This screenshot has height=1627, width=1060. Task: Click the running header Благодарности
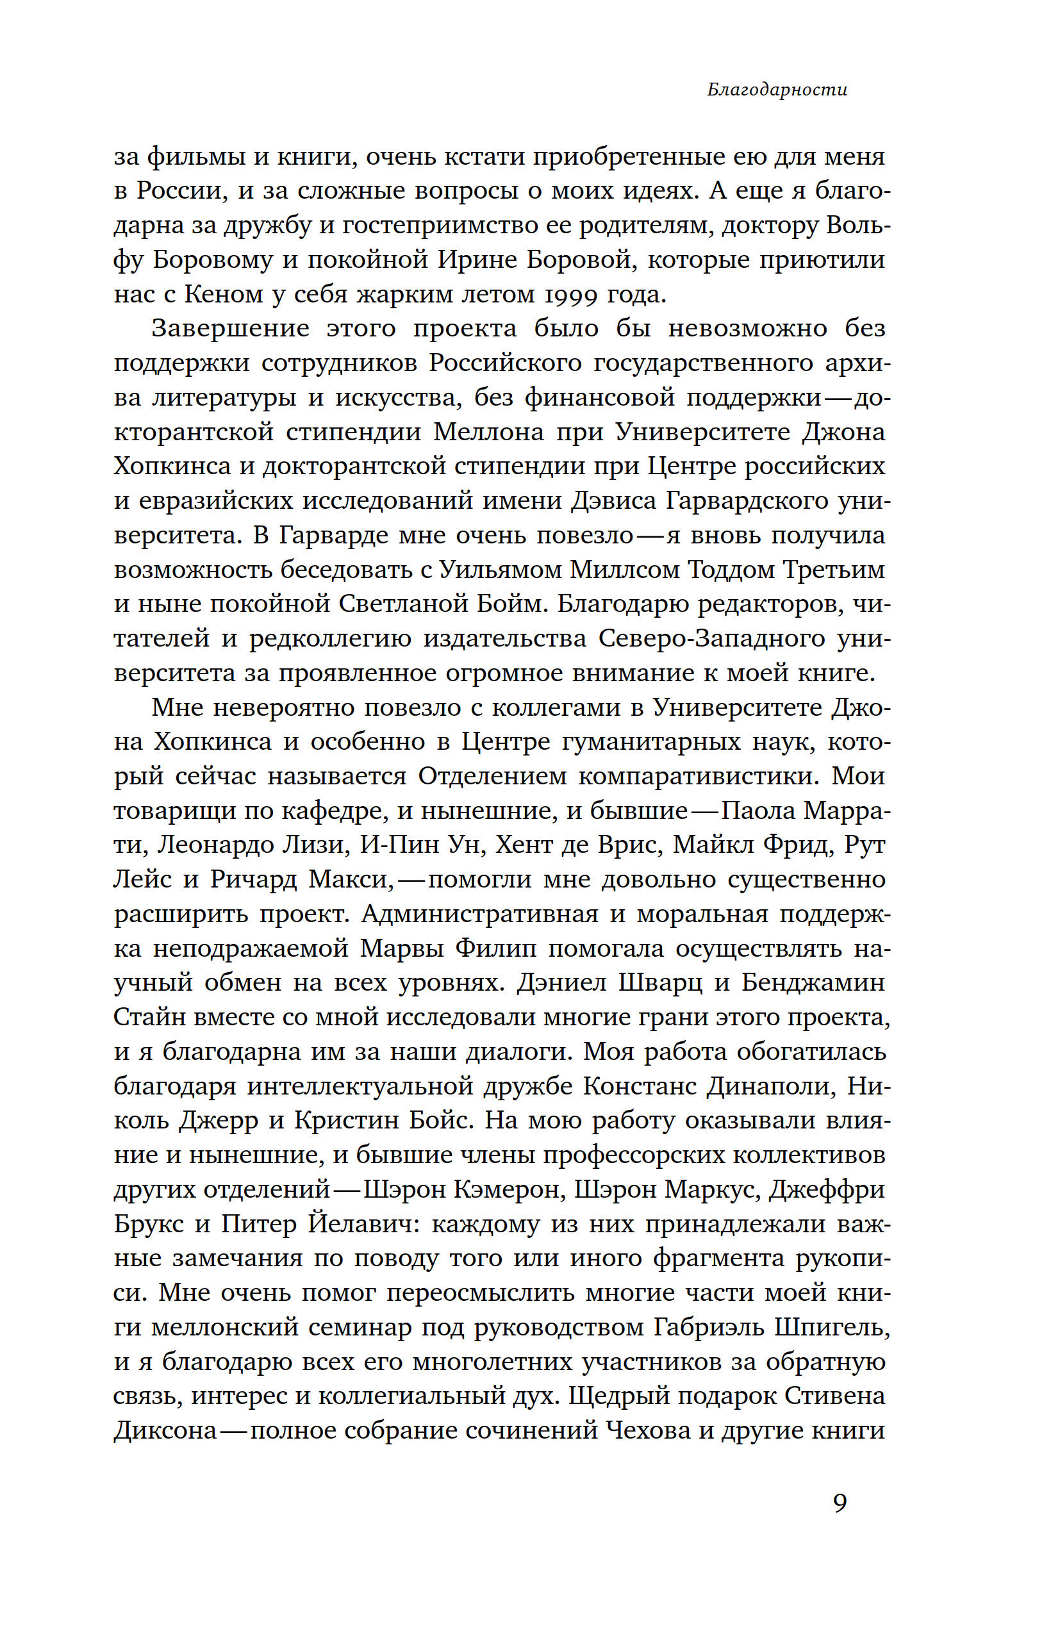point(777,90)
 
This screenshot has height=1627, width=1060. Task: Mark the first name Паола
point(758,811)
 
